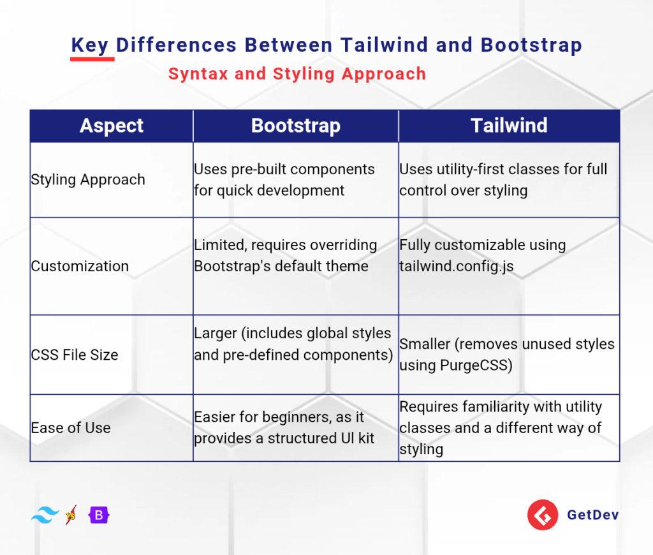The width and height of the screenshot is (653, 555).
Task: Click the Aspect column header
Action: click(111, 126)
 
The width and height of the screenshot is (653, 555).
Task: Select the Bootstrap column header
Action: click(296, 126)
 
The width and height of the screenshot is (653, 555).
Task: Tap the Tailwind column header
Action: click(509, 126)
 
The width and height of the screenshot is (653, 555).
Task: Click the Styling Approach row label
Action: click(88, 180)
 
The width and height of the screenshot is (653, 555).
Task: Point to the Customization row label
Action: click(80, 266)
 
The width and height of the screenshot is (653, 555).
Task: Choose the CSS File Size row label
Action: click(75, 355)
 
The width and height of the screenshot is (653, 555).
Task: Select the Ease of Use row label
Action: click(71, 428)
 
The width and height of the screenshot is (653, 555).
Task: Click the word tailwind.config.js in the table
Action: click(457, 266)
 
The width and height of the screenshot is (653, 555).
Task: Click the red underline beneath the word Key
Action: click(92, 59)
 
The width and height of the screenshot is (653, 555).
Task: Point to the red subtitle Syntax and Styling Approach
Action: click(297, 74)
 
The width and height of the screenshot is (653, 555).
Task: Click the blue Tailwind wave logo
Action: click(45, 515)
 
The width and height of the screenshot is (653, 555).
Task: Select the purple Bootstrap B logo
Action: click(99, 515)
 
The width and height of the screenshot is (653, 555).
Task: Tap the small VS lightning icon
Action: click(71, 515)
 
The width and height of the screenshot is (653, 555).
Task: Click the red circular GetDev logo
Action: click(543, 515)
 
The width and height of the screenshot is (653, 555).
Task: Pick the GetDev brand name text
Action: click(593, 515)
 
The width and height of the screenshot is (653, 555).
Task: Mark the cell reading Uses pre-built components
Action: click(296, 180)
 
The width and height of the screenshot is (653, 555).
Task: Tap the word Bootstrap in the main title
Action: click(531, 45)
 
